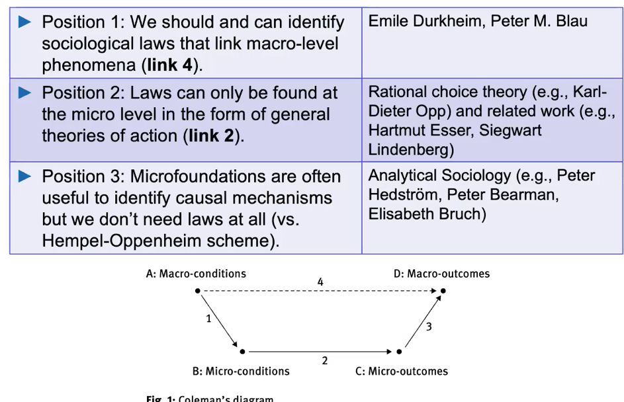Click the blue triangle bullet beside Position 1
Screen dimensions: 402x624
tap(25, 22)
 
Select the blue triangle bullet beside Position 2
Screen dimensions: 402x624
tap(25, 93)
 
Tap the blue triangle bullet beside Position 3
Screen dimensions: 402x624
tap(25, 176)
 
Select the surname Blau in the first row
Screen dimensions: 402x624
tap(572, 22)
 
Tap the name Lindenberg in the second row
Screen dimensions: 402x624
tap(410, 149)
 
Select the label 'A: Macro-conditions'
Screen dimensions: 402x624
tap(196, 274)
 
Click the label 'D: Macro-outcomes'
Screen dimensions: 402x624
tap(441, 274)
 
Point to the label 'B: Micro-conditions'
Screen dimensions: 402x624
tap(241, 371)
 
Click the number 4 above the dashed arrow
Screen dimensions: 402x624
tap(320, 282)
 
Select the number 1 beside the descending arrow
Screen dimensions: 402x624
tap(208, 319)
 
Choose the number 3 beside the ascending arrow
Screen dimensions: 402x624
tap(429, 326)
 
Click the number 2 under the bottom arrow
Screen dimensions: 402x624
tap(324, 361)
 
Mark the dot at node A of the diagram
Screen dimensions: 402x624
tap(198, 291)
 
